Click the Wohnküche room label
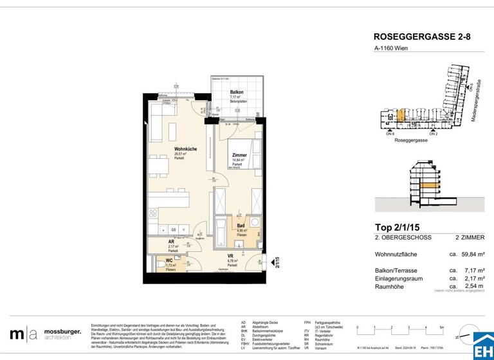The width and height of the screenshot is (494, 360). click(185, 149)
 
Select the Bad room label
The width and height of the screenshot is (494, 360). click(241, 226)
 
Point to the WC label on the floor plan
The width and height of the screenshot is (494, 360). click(169, 260)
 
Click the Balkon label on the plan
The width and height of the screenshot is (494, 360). click(236, 93)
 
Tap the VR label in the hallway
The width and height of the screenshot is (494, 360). click(230, 256)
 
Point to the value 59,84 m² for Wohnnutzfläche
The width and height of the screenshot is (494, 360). click(466, 255)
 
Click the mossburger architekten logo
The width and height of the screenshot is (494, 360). click(45, 334)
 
